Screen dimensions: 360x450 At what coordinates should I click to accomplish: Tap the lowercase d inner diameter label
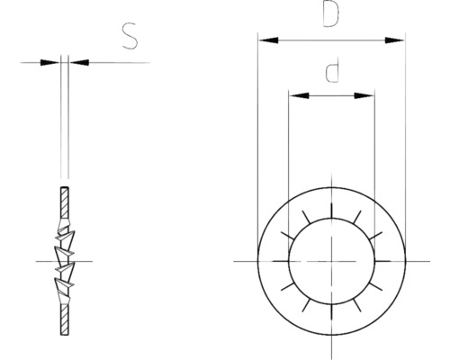click(332, 73)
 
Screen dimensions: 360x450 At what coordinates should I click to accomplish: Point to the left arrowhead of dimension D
click(265, 40)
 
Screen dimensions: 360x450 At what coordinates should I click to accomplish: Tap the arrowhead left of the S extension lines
click(56, 62)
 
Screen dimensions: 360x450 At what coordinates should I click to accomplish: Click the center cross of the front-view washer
click(331, 260)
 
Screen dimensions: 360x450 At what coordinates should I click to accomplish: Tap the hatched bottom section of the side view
click(64, 319)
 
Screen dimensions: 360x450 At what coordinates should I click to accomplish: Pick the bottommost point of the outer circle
click(331, 333)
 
